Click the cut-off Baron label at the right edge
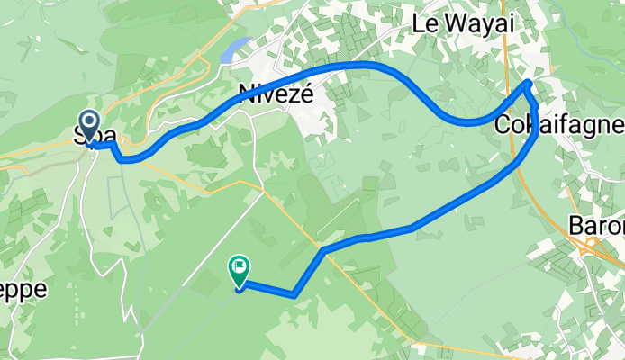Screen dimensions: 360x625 [596, 225]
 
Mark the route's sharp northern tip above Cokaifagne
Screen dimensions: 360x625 [529, 84]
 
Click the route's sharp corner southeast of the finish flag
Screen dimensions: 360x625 [294, 293]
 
